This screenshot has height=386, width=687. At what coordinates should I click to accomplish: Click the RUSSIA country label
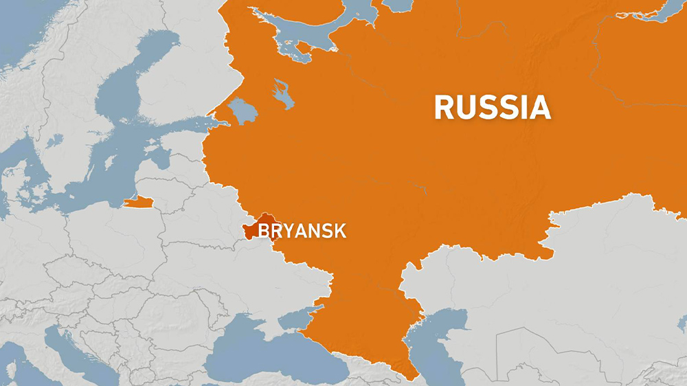492,108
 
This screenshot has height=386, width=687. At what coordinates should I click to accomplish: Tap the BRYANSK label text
302,231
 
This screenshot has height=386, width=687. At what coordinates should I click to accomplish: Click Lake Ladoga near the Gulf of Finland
241,110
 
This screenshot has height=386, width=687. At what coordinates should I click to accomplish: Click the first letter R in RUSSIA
444,108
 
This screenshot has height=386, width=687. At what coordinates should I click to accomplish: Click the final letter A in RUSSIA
539,108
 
